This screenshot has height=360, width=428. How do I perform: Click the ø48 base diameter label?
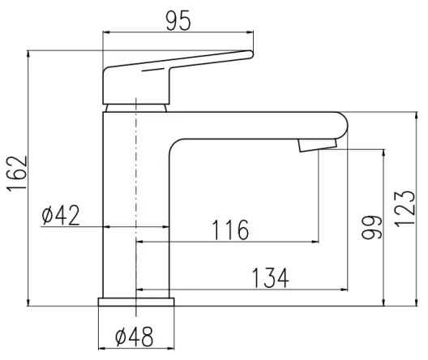point(135,335)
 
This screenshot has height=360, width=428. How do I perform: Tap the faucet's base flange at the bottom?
point(136,302)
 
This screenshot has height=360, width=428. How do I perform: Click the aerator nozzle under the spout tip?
point(316,145)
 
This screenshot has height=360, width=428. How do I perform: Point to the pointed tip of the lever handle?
point(250,54)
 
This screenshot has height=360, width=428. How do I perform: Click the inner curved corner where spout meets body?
point(174,142)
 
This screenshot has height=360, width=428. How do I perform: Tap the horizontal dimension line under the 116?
point(227,242)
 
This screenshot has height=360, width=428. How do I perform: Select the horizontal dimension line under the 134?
point(243,289)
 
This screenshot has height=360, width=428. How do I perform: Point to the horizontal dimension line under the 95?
point(179,33)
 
